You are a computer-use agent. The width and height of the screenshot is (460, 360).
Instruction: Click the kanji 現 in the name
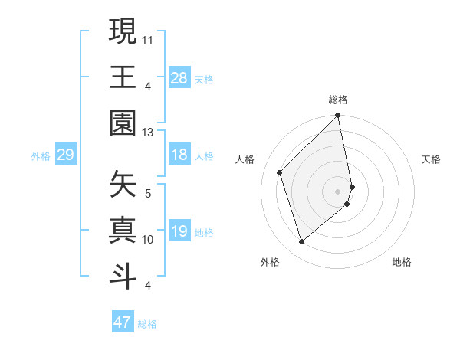[123, 31]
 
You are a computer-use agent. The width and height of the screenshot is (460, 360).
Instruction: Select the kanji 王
[123, 76]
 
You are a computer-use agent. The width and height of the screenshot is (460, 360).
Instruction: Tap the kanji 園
[123, 121]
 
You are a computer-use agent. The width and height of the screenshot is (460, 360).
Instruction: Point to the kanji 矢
[123, 183]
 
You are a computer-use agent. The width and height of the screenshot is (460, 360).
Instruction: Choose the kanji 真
[123, 228]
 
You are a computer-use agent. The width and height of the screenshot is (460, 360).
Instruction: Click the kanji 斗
[123, 273]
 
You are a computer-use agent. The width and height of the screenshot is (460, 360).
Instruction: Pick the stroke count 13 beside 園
[148, 133]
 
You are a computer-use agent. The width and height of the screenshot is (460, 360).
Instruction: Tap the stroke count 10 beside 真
[148, 240]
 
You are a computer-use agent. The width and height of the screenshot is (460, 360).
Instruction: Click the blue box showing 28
[179, 77]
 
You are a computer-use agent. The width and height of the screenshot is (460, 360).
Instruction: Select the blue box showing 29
[65, 155]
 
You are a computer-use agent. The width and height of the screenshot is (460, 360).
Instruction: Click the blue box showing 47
[122, 322]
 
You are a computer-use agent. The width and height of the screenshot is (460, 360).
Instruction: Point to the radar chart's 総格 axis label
[337, 100]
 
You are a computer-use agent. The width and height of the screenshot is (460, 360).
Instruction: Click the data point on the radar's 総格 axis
[337, 116]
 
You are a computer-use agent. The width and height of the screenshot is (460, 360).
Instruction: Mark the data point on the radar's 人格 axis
[280, 172]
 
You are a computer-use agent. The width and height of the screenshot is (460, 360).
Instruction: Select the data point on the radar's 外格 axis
[301, 242]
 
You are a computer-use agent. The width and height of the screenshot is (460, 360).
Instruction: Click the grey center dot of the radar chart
[337, 191]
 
